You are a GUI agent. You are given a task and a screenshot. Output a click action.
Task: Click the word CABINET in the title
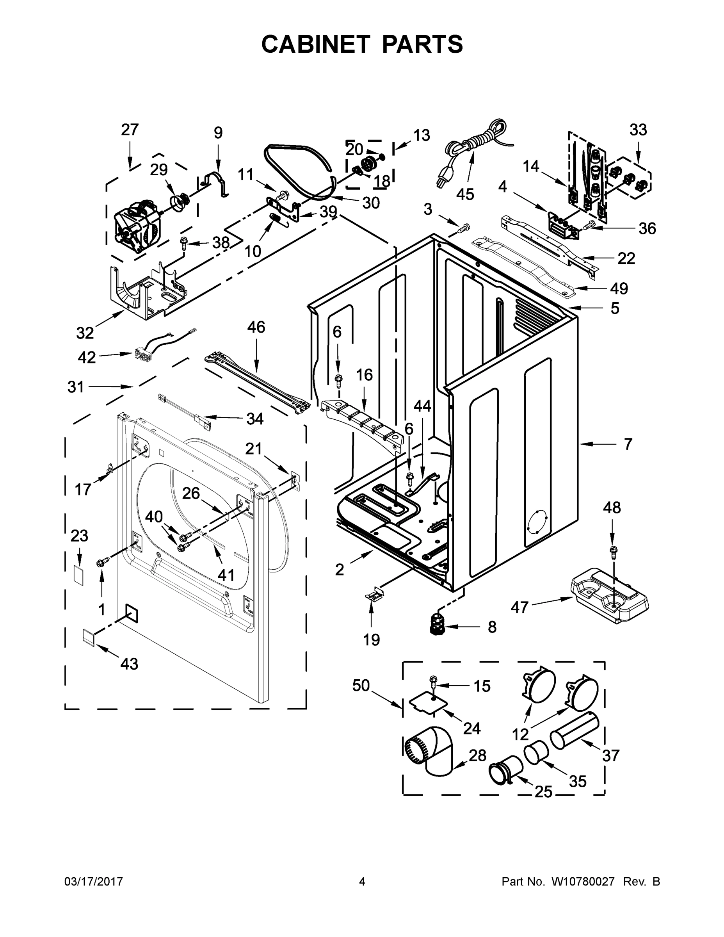click(315, 44)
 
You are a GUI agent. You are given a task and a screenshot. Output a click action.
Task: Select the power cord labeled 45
click(472, 150)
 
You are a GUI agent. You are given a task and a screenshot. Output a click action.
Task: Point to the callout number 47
click(519, 607)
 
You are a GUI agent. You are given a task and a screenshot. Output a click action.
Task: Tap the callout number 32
click(85, 333)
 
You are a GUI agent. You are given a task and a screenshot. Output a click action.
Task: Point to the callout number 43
click(129, 664)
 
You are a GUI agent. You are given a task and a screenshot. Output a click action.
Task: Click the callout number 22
click(626, 258)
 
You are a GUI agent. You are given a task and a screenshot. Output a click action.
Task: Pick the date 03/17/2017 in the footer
click(94, 882)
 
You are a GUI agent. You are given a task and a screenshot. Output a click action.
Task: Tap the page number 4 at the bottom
click(362, 882)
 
